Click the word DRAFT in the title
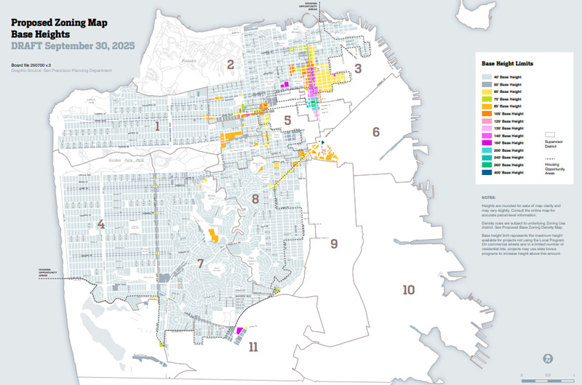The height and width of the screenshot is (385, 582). coord(28,45)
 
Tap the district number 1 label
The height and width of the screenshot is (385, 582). coord(156,126)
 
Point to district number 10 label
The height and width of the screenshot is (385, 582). coord(409,290)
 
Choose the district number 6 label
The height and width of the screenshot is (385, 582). coord(376,132)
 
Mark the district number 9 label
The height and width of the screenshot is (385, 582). coord(334,243)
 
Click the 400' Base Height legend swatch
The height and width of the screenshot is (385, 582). coord(487,173)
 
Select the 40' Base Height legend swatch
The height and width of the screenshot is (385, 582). coord(487,76)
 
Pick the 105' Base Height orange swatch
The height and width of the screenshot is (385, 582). coord(487,113)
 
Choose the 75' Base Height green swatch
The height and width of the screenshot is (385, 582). coord(487,99)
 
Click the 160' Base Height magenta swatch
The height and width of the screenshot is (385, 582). coord(487,143)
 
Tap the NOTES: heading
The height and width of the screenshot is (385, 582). coord(487,197)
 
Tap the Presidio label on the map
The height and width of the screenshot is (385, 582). coord(191,62)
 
